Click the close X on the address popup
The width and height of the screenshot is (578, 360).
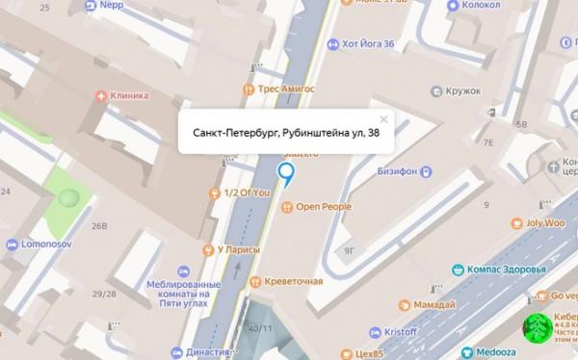click(383, 120)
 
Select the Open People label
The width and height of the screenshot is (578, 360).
click(323, 207)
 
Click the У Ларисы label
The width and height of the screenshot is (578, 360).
click(239, 250)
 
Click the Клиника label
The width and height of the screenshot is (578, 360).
click(129, 96)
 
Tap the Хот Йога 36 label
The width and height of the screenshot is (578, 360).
click(376, 43)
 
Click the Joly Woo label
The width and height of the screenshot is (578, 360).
click(544, 221)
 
